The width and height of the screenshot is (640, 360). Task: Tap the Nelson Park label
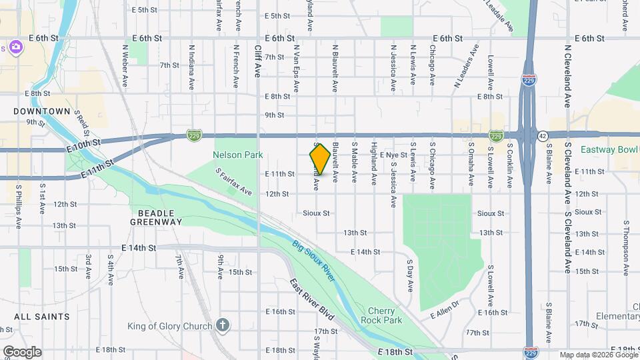(238, 155)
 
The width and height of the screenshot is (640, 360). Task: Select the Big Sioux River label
(313, 261)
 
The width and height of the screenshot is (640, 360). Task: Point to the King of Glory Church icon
(223, 326)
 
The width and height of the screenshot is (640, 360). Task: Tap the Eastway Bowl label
(609, 150)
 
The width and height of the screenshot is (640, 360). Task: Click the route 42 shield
(543, 135)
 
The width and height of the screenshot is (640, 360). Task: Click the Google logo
(22, 352)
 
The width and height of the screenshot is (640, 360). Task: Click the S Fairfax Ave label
(235, 181)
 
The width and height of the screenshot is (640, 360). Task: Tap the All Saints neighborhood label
(41, 317)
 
